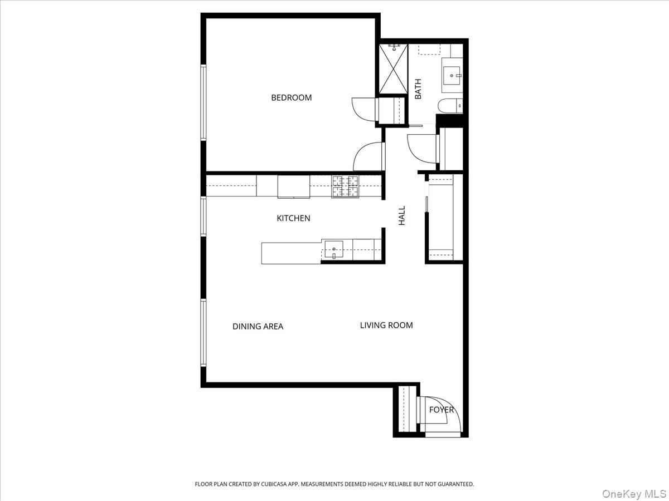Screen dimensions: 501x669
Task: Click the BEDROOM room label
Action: click(291, 97)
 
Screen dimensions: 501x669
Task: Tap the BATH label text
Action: click(418, 89)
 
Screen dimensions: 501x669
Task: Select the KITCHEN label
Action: click(293, 218)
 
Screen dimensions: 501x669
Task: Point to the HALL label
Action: click(401, 216)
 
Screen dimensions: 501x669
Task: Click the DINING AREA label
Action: click(258, 326)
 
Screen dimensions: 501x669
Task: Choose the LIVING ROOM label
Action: click(386, 325)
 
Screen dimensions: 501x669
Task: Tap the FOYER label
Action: click(441, 410)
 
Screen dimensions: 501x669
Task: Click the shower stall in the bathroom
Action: click(394, 69)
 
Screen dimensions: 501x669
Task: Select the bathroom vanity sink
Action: click(452, 75)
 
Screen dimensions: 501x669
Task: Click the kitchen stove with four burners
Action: click(346, 186)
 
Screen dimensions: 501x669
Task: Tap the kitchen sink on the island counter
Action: click(334, 250)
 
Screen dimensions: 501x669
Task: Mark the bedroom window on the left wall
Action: click(203, 102)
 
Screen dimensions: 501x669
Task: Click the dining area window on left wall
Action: click(203, 332)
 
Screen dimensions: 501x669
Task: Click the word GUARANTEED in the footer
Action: click(452, 484)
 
